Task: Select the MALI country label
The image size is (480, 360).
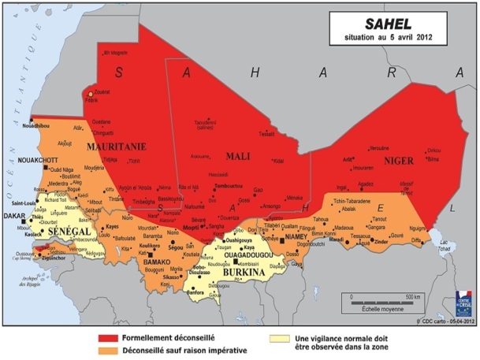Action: click(x=237, y=156)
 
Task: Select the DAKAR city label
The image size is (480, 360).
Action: click(x=15, y=214)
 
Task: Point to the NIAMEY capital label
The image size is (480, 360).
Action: click(x=296, y=235)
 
